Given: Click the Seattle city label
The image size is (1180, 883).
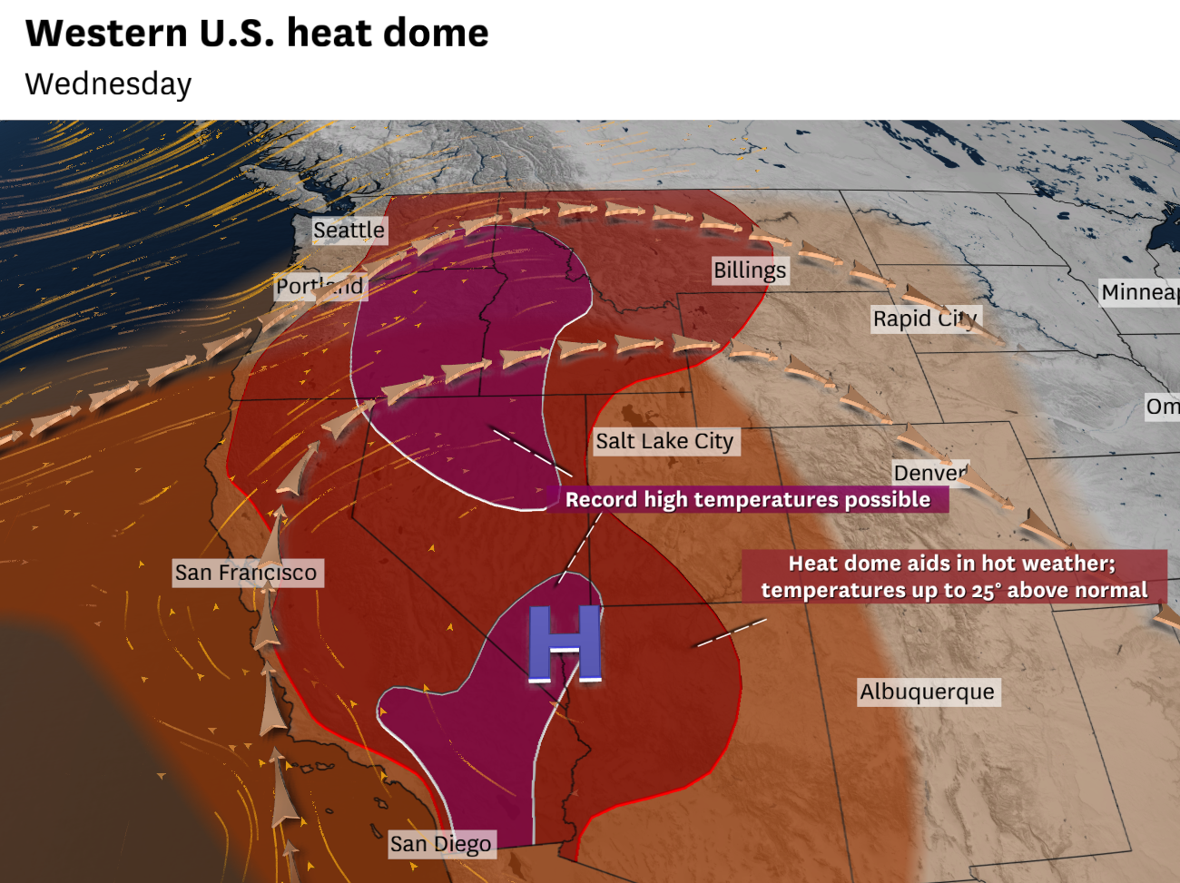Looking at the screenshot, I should (349, 231).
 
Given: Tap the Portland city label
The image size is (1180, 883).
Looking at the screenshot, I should (320, 287).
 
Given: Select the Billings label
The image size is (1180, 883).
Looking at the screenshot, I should (750, 270).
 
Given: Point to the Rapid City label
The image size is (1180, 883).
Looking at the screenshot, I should (925, 319).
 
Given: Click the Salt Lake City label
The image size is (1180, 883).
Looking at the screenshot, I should (664, 442).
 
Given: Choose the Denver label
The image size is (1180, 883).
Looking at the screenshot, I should (930, 473).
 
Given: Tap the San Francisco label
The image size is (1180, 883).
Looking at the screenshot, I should (246, 573).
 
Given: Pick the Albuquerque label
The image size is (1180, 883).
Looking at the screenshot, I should (927, 692).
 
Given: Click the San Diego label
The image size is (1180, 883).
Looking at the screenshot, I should (440, 844).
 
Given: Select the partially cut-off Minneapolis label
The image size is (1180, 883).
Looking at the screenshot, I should (1139, 292).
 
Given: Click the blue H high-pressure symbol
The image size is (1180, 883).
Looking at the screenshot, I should (565, 643).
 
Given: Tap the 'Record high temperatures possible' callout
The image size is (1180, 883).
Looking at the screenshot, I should (747, 500).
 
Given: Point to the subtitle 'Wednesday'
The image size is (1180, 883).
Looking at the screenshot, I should (108, 84).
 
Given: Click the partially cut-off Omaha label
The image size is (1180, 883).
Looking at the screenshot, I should (1162, 407).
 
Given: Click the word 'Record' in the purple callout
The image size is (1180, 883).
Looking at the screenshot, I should (601, 500).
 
